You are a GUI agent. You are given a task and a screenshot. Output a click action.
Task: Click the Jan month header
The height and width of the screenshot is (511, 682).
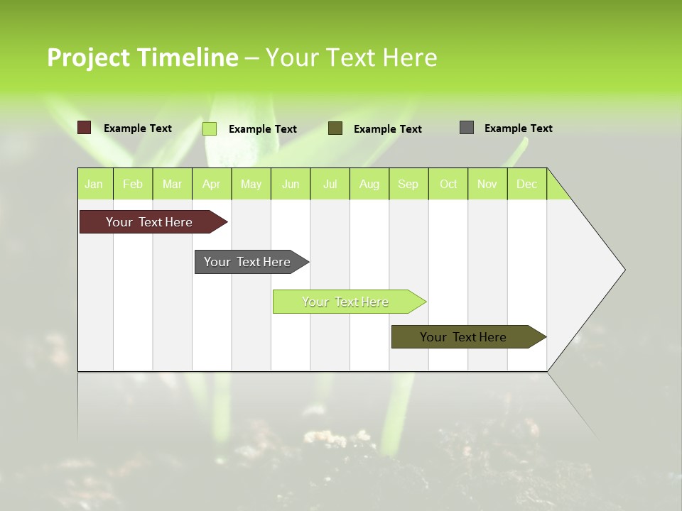[x=94, y=184]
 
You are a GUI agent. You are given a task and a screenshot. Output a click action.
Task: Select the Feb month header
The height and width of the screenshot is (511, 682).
[x=133, y=184]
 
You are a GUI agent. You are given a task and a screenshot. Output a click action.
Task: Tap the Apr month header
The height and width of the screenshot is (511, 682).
[x=212, y=184]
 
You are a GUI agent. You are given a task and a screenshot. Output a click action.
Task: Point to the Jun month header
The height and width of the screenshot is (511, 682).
[x=291, y=184]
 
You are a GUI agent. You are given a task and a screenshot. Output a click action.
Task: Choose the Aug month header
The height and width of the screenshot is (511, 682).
[x=369, y=184]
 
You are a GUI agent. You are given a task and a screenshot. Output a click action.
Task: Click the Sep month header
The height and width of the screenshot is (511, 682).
[x=408, y=184]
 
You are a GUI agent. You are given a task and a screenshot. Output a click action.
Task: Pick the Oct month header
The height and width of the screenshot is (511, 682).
[x=448, y=184]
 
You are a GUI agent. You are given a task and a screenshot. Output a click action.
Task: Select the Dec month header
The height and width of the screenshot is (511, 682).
[x=527, y=184]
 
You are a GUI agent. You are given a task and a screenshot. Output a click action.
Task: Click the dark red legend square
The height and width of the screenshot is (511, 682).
[x=85, y=128]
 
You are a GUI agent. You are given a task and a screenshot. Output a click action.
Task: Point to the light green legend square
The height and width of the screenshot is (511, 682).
[x=210, y=128]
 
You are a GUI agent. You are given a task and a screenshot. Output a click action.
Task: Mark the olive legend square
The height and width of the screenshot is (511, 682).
[x=335, y=128]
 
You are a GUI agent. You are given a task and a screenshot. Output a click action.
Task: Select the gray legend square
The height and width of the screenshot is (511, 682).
[x=467, y=128]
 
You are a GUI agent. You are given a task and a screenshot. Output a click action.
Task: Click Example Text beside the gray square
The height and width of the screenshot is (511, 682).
[x=518, y=128]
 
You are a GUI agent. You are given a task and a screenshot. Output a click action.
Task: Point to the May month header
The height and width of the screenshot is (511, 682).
[x=251, y=184]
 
